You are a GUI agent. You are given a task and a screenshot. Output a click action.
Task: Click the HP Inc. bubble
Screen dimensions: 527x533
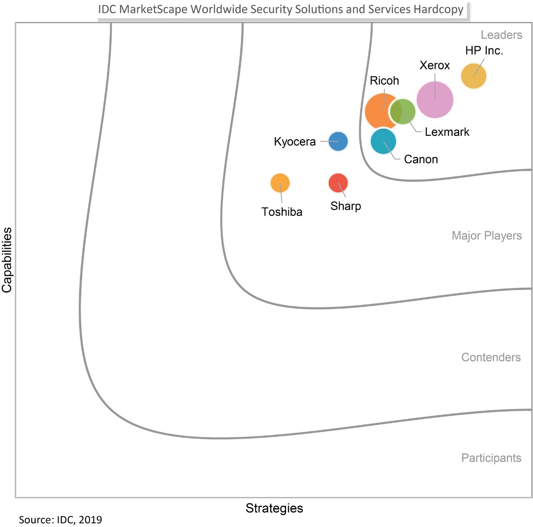pos(473,76)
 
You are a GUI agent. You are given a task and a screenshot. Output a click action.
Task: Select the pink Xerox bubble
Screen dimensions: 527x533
pos(435,100)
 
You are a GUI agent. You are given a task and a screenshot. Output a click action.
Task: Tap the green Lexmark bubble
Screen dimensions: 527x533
pos(403,112)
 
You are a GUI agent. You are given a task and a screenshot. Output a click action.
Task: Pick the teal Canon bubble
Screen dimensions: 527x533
pos(383,142)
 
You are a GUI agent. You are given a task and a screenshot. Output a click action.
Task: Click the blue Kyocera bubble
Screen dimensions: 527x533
pos(338,142)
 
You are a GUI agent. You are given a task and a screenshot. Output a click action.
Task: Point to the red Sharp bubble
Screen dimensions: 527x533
pos(338,183)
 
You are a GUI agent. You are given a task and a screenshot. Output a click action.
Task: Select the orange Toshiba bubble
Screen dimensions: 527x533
pos(280,183)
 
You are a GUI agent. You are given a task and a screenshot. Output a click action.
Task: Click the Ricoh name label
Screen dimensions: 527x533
pos(384,80)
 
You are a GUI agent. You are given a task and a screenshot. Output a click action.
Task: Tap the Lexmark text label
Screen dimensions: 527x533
pos(447,132)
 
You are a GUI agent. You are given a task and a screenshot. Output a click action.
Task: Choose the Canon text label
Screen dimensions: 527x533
pos(421,159)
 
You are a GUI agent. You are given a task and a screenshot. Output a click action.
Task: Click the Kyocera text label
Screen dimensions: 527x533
pos(294,142)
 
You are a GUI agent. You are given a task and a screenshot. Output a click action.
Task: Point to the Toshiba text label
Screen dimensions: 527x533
pos(282,212)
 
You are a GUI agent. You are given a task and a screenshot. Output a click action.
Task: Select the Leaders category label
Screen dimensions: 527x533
pos(501,35)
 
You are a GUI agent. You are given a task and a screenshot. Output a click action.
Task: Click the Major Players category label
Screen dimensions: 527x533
pos(486,236)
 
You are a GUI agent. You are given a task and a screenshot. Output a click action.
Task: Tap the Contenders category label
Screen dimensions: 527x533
pos(491,357)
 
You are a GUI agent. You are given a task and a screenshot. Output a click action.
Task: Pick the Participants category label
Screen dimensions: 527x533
pos(491,458)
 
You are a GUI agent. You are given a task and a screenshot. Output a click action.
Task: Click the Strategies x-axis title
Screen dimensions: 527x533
pos(274,508)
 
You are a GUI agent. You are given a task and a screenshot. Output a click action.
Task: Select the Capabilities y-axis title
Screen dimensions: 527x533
pos(7,260)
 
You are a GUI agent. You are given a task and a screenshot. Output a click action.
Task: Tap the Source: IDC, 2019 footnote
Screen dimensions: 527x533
pos(60,520)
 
